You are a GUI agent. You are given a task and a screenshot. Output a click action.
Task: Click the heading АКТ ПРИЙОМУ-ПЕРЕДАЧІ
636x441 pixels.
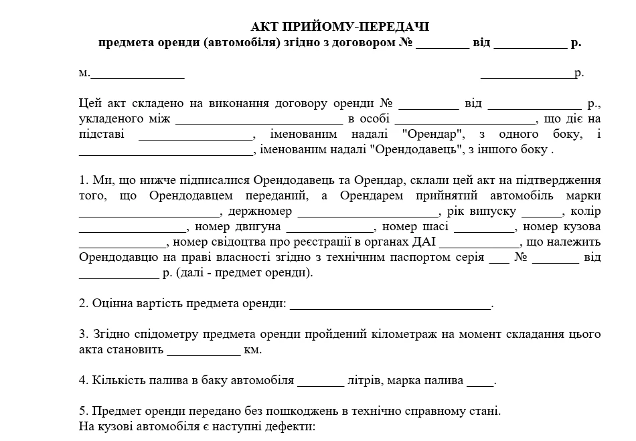click(x=340, y=27)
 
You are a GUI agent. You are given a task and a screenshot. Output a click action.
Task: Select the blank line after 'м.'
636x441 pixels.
click(x=137, y=74)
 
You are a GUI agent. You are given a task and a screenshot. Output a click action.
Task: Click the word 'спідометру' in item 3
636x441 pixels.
click(x=163, y=334)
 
